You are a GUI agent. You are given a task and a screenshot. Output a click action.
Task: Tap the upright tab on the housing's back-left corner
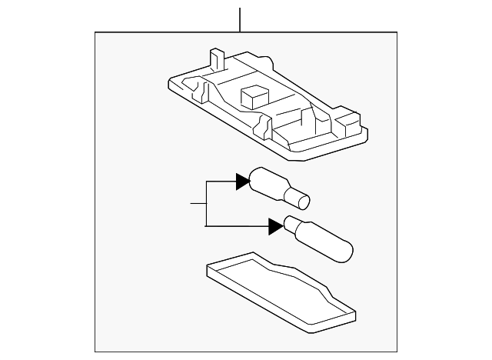(216, 60)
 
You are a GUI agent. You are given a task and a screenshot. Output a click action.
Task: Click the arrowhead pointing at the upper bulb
(243, 181)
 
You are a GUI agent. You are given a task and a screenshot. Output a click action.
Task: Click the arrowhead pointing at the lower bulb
(275, 226)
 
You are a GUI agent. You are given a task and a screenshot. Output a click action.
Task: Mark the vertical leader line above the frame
(241, 19)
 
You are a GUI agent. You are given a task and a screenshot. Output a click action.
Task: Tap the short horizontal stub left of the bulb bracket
(198, 203)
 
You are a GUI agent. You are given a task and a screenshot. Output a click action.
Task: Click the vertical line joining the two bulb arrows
(206, 203)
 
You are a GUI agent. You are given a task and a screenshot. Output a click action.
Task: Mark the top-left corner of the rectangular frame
(95, 32)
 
